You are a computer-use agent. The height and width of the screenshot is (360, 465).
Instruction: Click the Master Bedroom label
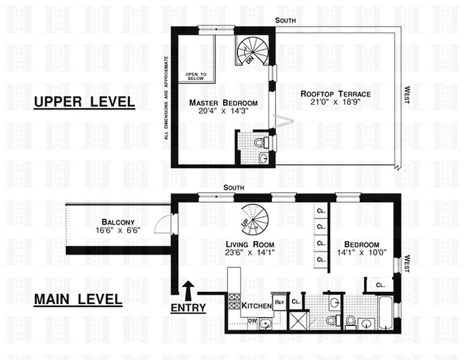pyautogui.click(x=223, y=102)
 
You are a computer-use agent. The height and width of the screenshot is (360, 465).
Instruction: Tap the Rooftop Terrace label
pyautogui.click(x=335, y=94)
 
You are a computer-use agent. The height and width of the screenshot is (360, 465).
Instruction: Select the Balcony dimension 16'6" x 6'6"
pyautogui.click(x=118, y=229)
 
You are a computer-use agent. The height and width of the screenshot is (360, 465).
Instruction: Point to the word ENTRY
pyautogui.click(x=188, y=308)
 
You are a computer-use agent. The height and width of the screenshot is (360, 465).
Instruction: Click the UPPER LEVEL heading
pyautogui.click(x=85, y=102)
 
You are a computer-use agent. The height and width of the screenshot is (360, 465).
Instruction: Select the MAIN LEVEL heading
pyautogui.click(x=78, y=299)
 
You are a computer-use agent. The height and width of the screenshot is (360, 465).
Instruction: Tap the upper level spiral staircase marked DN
pyautogui.click(x=251, y=50)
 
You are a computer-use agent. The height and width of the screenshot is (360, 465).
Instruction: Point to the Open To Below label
pyautogui.click(x=196, y=76)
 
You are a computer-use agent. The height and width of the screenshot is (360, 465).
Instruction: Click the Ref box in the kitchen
pyautogui.click(x=278, y=302)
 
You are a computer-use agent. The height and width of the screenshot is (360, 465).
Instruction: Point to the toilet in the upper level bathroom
pyautogui.click(x=260, y=143)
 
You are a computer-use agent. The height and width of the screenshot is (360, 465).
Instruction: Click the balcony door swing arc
pyautogui.click(x=163, y=225)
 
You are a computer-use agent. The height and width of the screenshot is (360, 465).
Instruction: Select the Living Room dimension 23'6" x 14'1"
pyautogui.click(x=250, y=252)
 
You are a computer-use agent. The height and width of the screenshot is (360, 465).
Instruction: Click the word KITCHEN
pyautogui.click(x=256, y=306)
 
